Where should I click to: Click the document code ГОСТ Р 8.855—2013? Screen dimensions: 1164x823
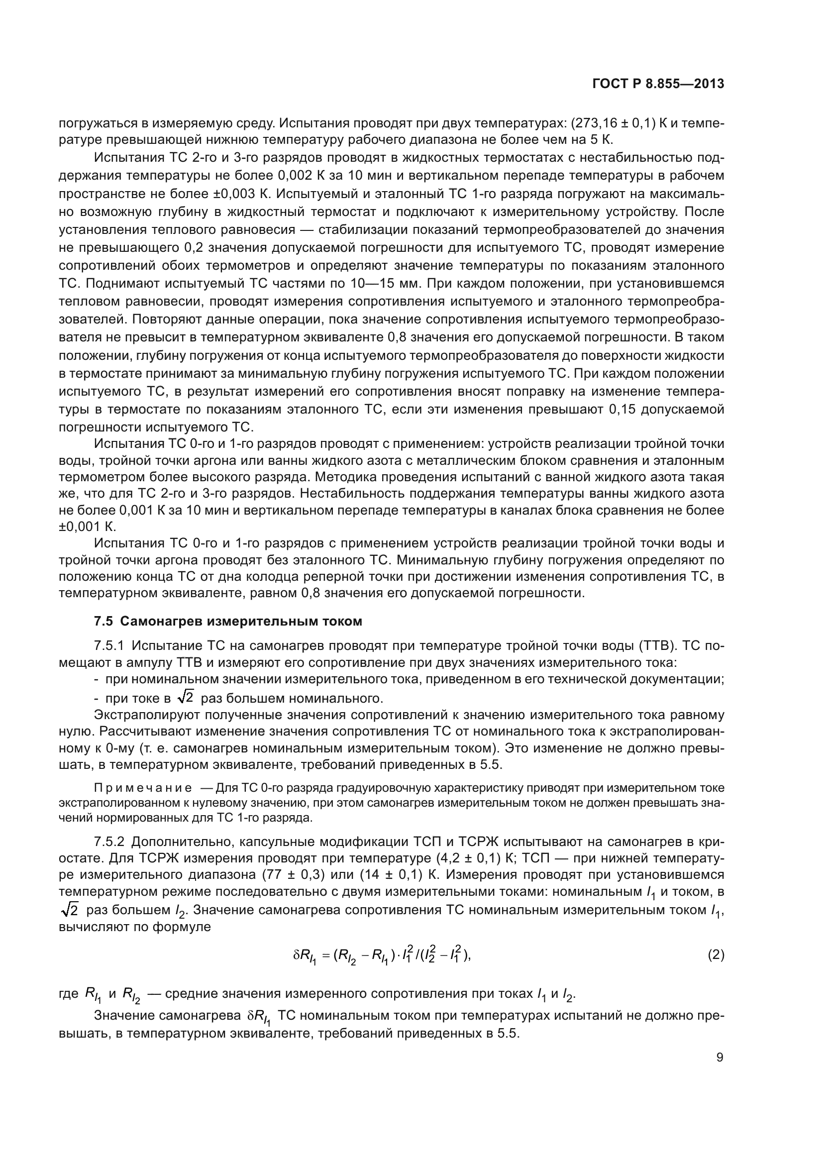tap(658, 84)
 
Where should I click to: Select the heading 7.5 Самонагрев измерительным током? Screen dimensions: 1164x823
tap(228, 621)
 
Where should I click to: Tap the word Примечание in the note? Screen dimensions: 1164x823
tap(143, 788)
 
